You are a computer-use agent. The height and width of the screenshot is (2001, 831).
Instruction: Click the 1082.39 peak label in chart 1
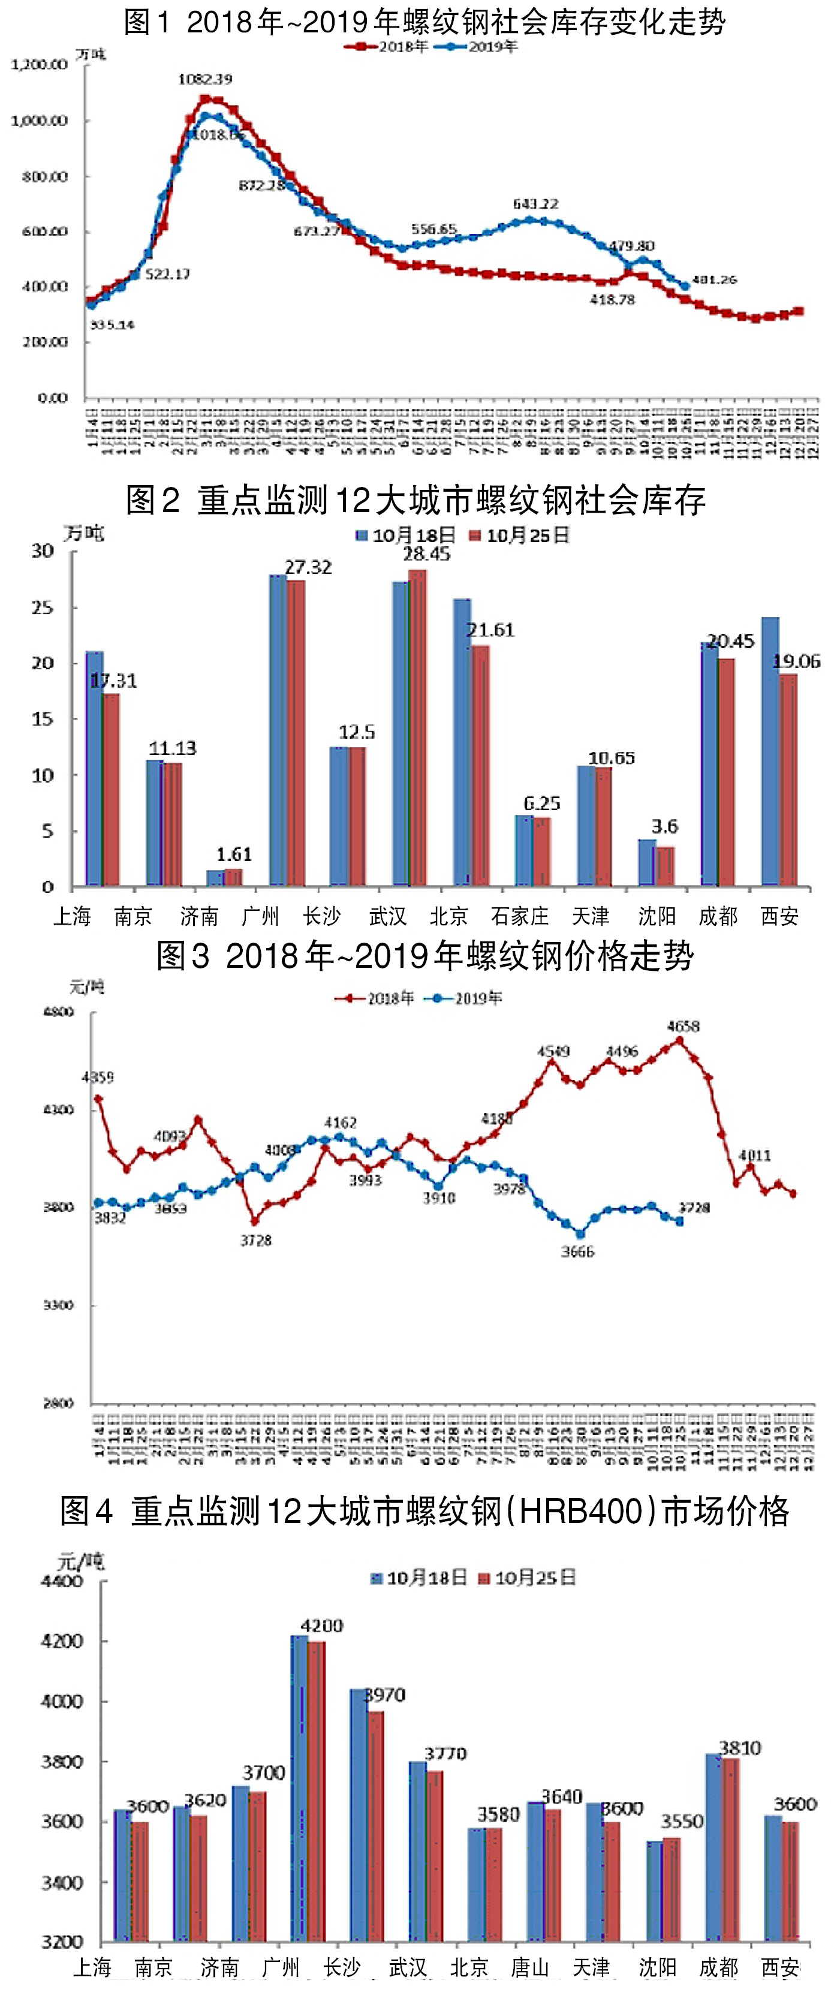(205, 79)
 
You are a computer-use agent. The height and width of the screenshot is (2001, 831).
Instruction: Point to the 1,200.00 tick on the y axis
(39, 65)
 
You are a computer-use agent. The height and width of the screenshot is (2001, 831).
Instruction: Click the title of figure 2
(415, 500)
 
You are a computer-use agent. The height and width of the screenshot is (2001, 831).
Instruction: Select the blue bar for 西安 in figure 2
(770, 751)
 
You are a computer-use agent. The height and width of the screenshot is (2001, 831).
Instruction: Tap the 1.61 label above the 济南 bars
(234, 854)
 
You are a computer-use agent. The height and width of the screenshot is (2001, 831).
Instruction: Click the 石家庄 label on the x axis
(520, 917)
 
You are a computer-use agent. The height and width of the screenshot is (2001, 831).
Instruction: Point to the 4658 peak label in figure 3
(683, 1026)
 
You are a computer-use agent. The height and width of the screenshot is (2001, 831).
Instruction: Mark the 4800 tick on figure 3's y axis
(58, 1012)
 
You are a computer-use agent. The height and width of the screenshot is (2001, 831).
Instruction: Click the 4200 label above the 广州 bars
(321, 1626)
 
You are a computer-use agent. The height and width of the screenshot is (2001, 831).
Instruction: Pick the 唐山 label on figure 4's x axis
(531, 1967)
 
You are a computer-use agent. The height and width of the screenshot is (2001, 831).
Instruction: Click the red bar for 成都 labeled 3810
(731, 1850)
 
